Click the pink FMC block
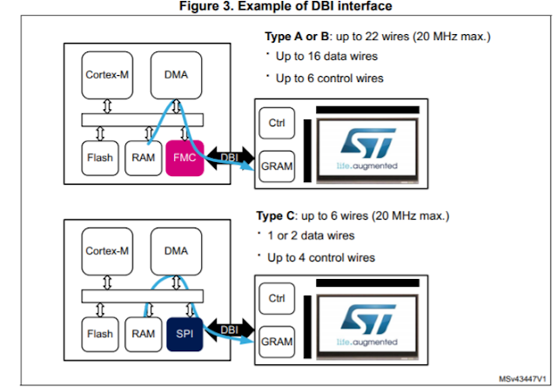tap(184, 158)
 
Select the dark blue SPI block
tap(184, 333)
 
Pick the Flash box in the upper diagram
tap(99, 158)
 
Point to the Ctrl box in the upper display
tap(278, 123)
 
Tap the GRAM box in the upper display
tap(278, 163)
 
